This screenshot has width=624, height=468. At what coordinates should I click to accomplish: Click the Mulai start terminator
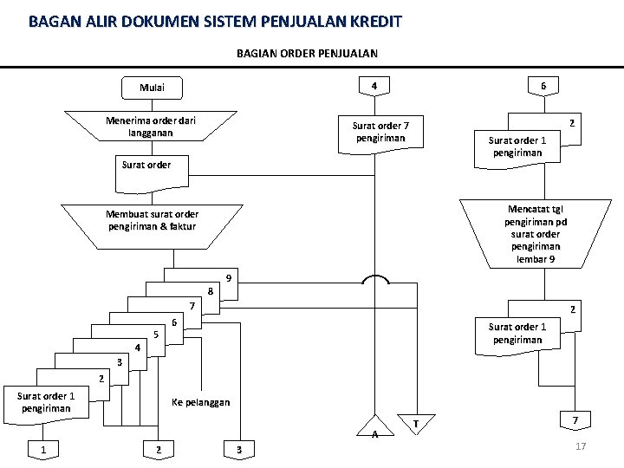[152, 88]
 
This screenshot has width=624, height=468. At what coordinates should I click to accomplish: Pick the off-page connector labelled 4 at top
[374, 86]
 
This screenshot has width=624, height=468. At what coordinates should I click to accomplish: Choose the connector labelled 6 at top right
[543, 86]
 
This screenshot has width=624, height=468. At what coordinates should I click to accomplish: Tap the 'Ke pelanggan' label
[201, 402]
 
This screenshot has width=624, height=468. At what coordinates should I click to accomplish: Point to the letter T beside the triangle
[416, 423]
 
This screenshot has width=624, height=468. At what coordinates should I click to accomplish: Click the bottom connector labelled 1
[42, 448]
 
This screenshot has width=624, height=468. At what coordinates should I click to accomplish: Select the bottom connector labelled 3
[239, 448]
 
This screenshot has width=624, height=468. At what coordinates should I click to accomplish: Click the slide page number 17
[581, 445]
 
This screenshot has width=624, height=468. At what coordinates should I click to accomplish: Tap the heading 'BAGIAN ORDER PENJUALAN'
[307, 54]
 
